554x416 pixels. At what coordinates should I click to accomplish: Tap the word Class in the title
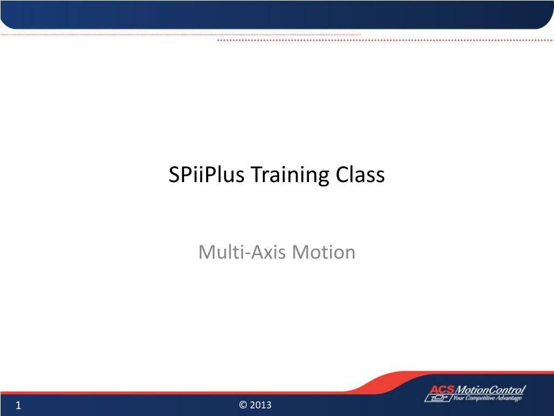click(360, 174)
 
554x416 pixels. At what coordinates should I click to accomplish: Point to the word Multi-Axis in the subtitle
click(242, 252)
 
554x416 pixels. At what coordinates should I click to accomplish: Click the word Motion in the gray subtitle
click(324, 252)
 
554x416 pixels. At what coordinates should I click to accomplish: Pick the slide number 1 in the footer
click(18, 405)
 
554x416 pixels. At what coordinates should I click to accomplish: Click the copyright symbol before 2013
click(243, 405)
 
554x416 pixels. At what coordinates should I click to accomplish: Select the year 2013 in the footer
click(260, 405)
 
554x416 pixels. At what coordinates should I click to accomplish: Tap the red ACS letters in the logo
click(441, 389)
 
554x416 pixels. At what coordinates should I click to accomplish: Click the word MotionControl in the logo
click(490, 389)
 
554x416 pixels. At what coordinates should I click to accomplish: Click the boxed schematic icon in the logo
click(438, 398)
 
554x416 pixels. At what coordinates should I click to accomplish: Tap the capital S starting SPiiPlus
click(175, 175)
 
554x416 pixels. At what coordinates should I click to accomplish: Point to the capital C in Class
click(342, 175)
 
